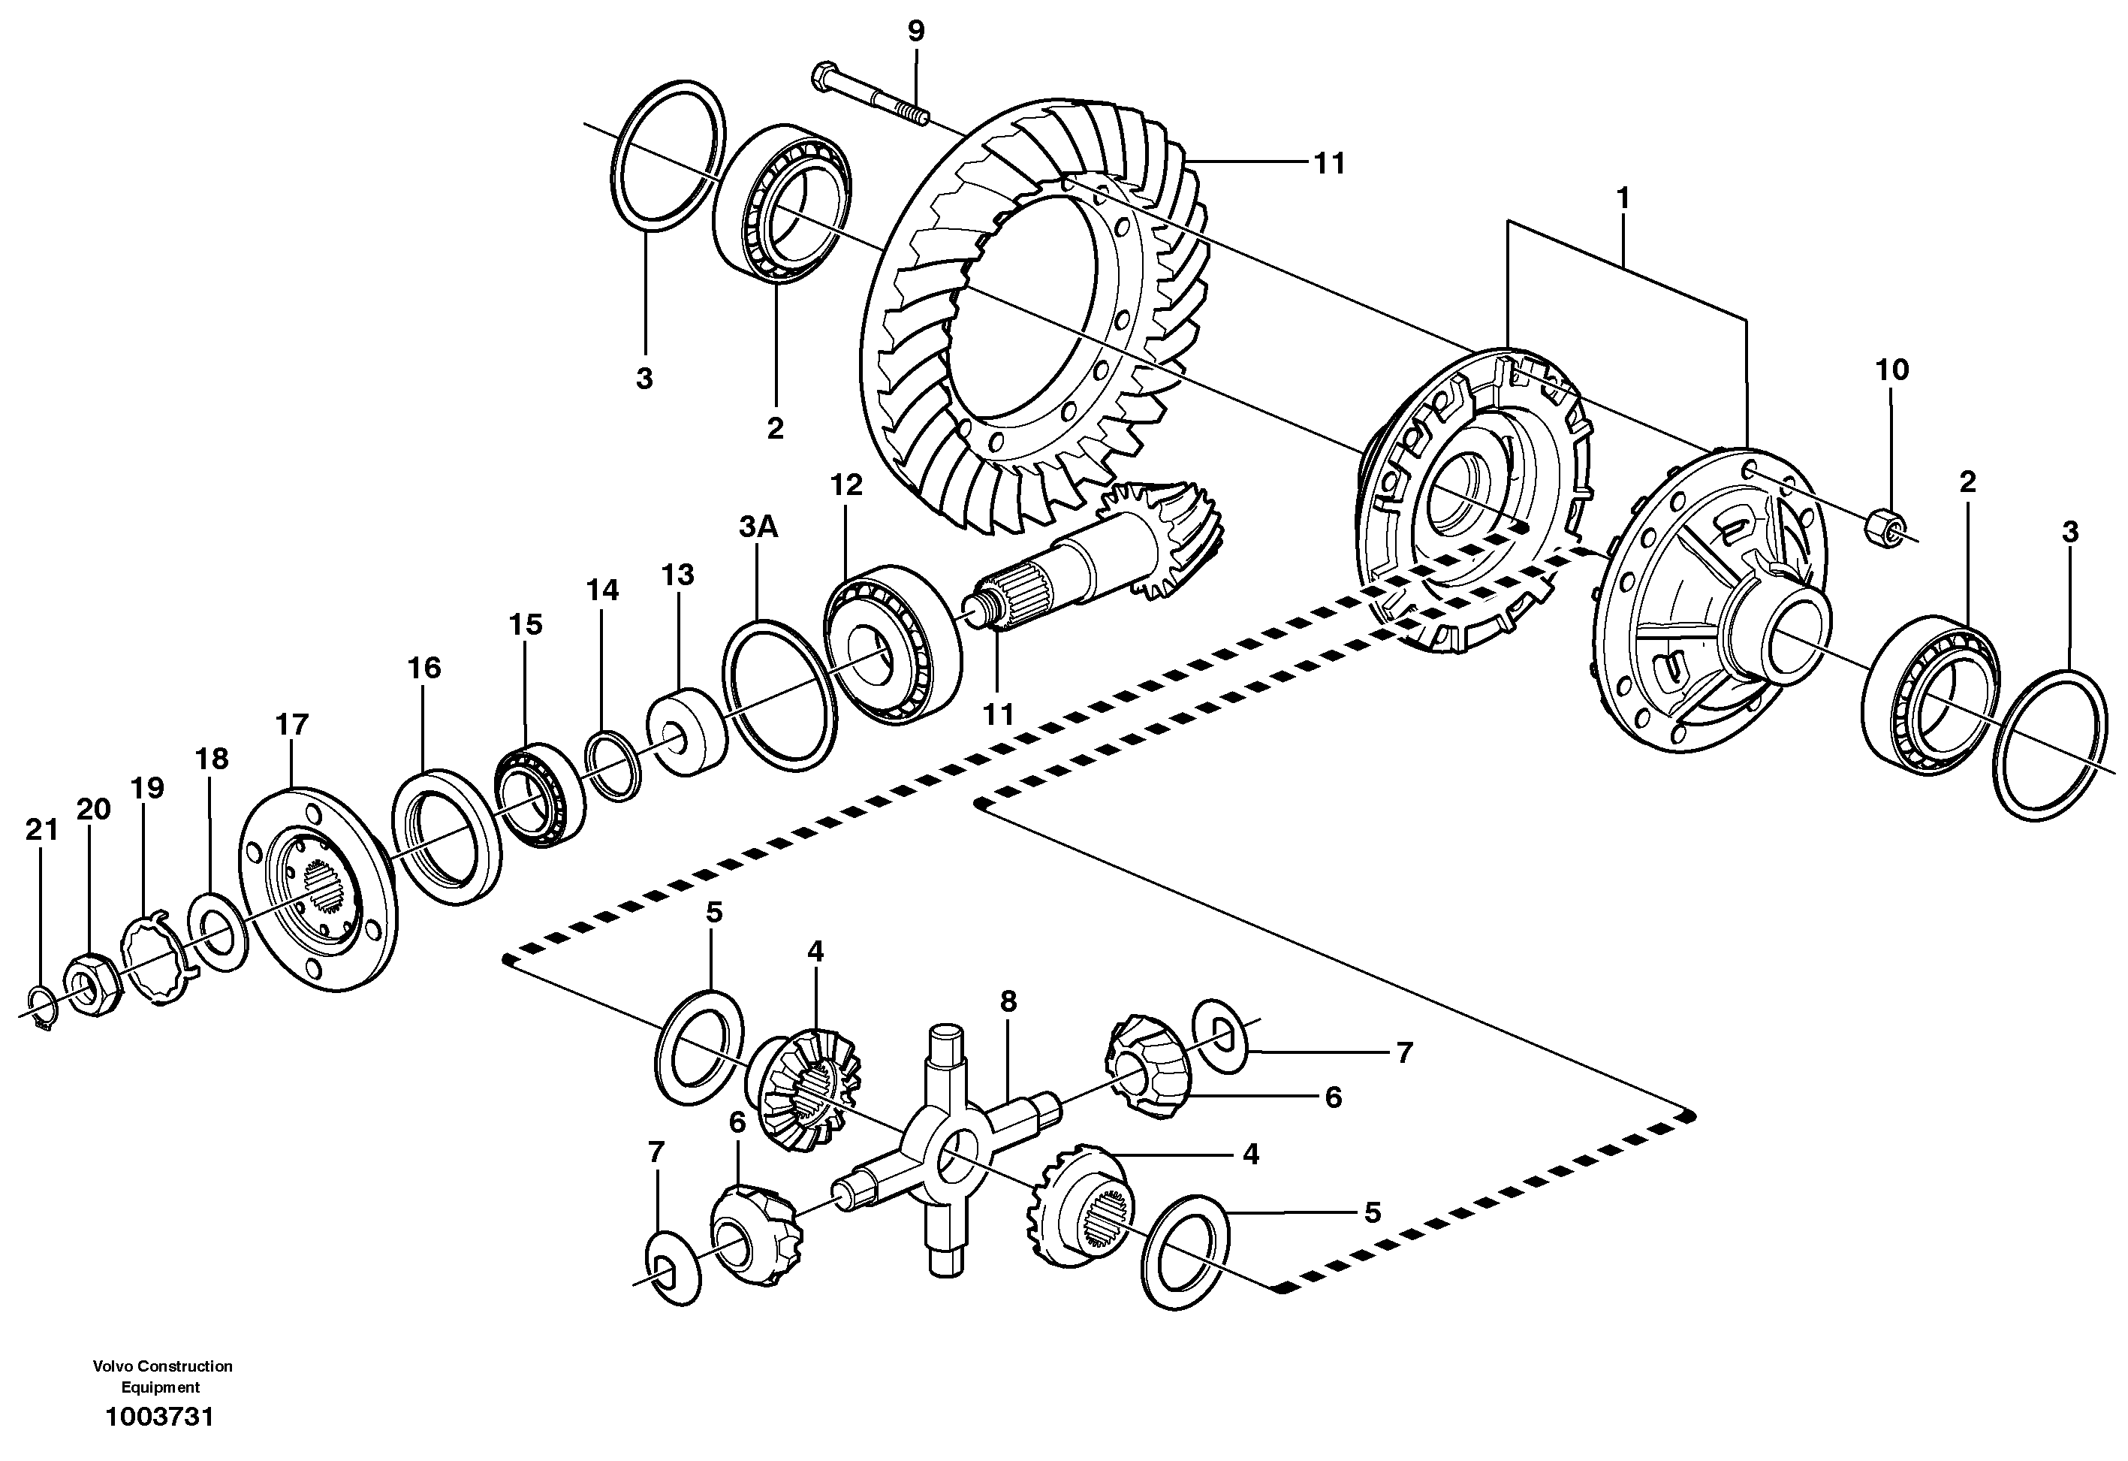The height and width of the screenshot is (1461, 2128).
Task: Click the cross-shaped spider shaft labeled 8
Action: coord(952,1153)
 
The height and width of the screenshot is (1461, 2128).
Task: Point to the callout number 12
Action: coord(846,484)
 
